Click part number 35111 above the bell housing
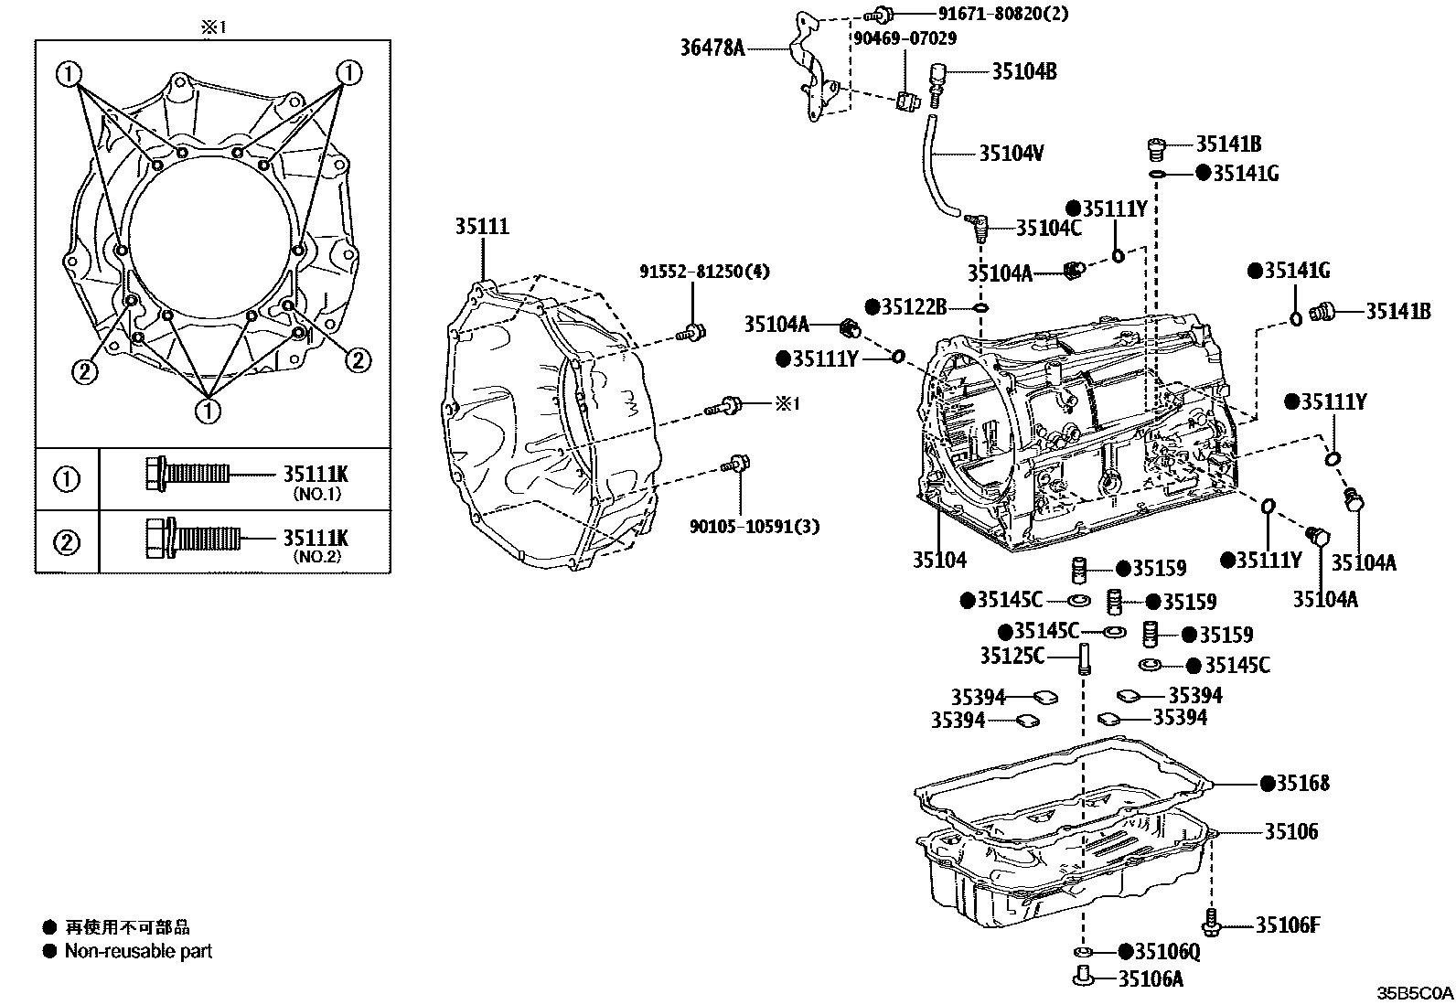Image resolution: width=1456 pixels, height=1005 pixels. click(482, 226)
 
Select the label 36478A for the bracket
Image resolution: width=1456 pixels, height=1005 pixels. click(712, 48)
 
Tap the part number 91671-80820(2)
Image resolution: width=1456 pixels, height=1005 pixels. click(1003, 13)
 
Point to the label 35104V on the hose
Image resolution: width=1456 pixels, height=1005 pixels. click(1012, 154)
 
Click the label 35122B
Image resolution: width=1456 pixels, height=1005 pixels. click(914, 307)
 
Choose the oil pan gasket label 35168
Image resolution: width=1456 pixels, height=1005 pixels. click(1302, 784)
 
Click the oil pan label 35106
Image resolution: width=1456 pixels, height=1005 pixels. click(1290, 831)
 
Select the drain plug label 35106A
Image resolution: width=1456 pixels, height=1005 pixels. click(1151, 979)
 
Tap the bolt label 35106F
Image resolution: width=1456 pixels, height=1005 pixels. click(1288, 925)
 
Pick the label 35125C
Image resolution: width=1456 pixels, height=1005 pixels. click(1012, 656)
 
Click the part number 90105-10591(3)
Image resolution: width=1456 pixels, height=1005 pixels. click(754, 526)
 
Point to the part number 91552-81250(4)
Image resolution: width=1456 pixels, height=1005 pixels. click(704, 271)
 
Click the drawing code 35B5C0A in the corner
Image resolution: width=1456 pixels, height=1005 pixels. click(1415, 993)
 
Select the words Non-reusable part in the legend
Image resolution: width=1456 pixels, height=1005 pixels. click(138, 951)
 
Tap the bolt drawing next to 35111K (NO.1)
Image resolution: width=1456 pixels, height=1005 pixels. click(187, 474)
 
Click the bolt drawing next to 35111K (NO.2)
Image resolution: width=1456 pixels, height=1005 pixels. click(193, 538)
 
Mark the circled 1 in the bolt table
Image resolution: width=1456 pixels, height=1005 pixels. click(66, 480)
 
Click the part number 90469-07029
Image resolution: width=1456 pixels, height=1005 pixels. click(905, 38)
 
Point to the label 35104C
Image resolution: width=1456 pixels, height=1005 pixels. click(1048, 229)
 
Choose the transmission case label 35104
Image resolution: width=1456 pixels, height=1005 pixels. click(939, 560)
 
